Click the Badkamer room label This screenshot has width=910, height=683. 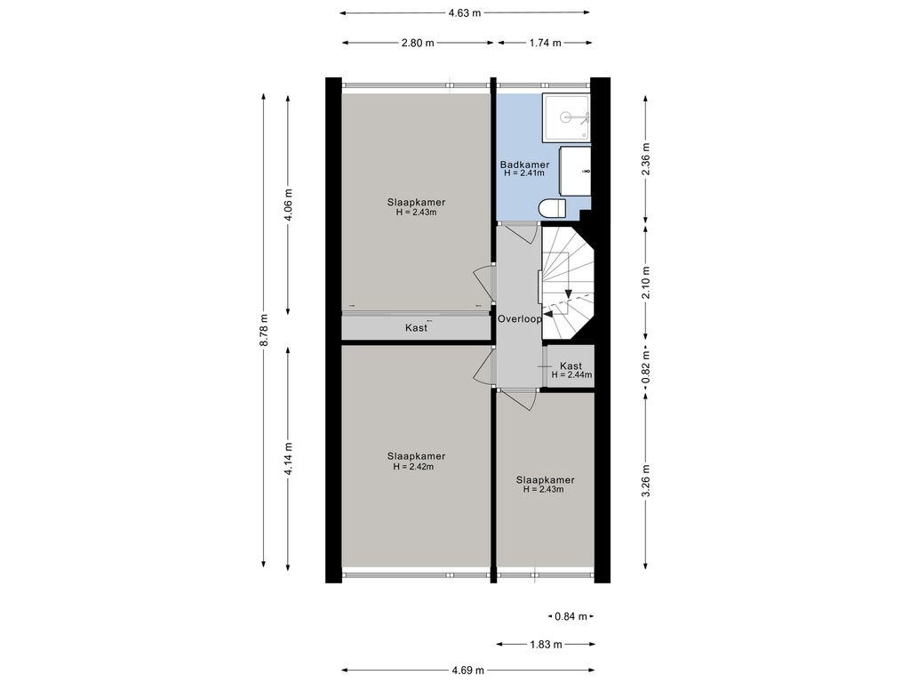pos(524,165)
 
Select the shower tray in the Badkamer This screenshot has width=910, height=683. pos(566,118)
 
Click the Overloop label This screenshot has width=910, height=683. pos(520,319)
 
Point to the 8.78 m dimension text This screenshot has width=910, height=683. pos(264,331)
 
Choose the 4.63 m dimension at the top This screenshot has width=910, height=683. pos(465,12)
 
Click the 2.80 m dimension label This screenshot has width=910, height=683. pos(418,43)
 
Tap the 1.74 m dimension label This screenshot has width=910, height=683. pos(545,43)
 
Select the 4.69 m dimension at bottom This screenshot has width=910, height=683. pos(467,671)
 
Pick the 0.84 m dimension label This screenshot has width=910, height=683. pos(571,616)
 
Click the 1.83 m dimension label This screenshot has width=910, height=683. pos(546,644)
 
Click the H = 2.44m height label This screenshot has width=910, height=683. pos(571,375)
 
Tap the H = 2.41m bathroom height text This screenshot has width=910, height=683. pos(524,173)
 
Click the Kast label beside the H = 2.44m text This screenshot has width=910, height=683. pos(571,366)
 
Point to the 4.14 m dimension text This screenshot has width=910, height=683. pos(289,459)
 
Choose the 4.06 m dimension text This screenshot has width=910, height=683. pos(289,206)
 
